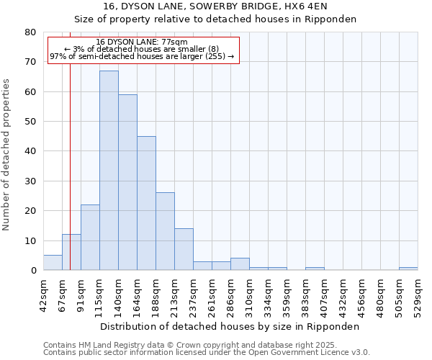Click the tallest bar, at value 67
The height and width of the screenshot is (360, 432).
point(109,171)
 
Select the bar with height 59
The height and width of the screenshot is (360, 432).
point(127,182)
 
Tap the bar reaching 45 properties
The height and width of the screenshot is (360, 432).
point(146,203)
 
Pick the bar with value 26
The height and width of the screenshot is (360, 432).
point(165,231)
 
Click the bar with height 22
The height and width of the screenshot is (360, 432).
point(90,238)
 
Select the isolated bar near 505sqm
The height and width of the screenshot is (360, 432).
point(408,269)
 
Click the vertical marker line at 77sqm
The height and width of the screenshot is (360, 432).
point(70,144)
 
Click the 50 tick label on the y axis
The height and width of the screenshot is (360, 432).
point(30,122)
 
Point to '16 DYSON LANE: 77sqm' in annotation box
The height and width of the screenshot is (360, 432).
point(142,42)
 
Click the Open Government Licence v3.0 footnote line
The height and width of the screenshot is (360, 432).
point(206,353)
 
